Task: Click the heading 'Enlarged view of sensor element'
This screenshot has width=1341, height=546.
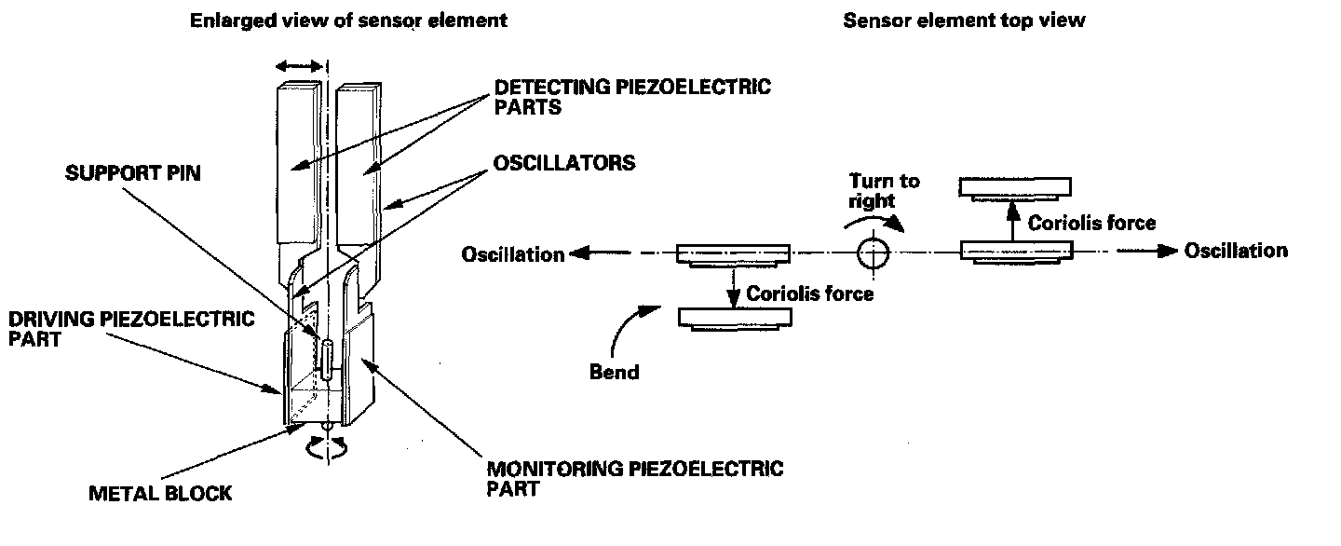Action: (349, 20)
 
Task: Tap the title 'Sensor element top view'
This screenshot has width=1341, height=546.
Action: (964, 20)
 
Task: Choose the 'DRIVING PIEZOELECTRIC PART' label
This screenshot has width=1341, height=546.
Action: (130, 328)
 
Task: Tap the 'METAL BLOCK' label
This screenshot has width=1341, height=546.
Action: (160, 493)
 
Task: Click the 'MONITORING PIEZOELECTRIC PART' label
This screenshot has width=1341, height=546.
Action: (635, 476)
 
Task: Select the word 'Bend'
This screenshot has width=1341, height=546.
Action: (615, 373)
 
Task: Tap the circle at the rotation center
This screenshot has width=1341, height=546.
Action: (874, 252)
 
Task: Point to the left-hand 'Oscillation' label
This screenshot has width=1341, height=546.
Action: (513, 254)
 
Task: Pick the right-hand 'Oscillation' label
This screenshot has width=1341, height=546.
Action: (1236, 251)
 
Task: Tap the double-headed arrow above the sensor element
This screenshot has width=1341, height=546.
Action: (300, 66)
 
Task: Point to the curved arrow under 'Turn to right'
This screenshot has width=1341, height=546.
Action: (875, 220)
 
